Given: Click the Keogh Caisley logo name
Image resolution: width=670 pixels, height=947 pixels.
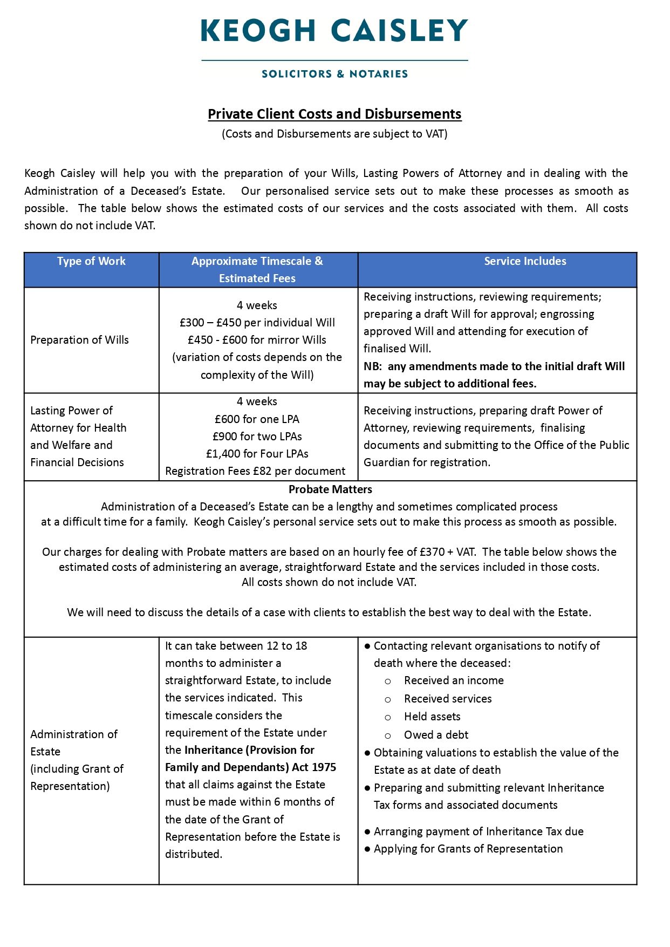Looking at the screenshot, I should (x=334, y=31).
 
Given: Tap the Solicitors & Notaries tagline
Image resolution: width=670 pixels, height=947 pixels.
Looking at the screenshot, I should (x=334, y=74).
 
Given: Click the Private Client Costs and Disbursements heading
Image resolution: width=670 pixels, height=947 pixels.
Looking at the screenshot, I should (x=334, y=114).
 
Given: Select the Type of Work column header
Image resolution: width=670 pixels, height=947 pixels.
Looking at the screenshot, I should (x=91, y=261).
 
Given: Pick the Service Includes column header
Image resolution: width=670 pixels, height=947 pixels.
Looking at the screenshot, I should (x=525, y=261).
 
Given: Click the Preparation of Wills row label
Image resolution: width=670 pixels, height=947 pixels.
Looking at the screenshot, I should (x=79, y=340).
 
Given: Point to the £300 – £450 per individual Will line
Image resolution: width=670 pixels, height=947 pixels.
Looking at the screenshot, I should (x=257, y=323).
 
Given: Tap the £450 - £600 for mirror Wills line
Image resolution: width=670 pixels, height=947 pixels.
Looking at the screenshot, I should (x=257, y=340).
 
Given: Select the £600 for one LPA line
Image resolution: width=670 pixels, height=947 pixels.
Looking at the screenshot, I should (x=257, y=419).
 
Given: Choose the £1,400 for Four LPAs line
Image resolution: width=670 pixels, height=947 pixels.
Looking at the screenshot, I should (x=257, y=454).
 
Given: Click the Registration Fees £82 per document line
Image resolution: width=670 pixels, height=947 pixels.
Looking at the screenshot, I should (x=255, y=471).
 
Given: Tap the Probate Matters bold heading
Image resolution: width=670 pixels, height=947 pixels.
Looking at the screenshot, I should (x=330, y=489).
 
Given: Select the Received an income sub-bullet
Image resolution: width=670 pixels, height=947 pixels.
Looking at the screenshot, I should (x=454, y=680).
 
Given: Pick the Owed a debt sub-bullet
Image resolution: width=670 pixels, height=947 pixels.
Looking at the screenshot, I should (x=436, y=735).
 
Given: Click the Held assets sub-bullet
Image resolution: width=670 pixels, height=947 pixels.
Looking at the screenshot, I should (x=432, y=717).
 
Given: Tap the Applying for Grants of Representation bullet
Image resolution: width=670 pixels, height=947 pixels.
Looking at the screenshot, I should (x=468, y=849).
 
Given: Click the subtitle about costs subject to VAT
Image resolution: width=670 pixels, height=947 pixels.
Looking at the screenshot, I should (x=334, y=134).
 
